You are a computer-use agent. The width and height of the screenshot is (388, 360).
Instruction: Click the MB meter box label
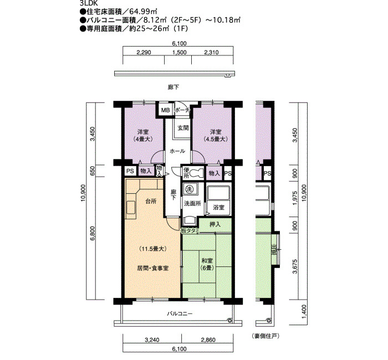tap(166, 110)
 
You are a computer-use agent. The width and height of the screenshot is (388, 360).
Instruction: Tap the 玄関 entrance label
tap(183, 127)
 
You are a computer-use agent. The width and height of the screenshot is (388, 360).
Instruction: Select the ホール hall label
tap(177, 151)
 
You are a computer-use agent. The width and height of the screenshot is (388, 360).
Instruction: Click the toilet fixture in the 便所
tap(197, 173)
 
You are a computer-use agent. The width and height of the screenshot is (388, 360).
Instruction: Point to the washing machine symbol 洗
tap(190, 189)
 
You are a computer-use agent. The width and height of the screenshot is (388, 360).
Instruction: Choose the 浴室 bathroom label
tap(219, 208)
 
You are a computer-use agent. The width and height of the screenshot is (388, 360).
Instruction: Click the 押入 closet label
tap(215, 224)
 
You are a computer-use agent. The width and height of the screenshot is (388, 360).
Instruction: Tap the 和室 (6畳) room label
tap(207, 264)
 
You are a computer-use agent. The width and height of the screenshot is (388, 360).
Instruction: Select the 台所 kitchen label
tap(151, 201)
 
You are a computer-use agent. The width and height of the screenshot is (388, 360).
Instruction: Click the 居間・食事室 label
tap(152, 268)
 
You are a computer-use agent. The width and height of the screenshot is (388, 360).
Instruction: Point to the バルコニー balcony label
tap(180, 314)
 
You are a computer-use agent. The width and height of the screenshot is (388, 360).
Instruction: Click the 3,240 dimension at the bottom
tap(152, 340)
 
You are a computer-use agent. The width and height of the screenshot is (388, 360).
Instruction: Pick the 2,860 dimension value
tap(208, 340)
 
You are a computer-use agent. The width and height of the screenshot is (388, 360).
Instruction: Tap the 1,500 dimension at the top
tap(180, 53)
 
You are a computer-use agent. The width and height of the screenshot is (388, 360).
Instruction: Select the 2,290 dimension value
tap(144, 53)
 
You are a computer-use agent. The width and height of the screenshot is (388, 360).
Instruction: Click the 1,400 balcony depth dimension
tap(304, 312)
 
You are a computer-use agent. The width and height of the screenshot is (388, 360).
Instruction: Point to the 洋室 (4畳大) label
tap(144, 136)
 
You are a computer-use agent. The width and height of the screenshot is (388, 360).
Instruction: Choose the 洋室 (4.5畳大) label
tap(216, 136)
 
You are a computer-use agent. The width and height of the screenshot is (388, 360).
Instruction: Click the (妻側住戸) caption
tap(266, 336)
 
